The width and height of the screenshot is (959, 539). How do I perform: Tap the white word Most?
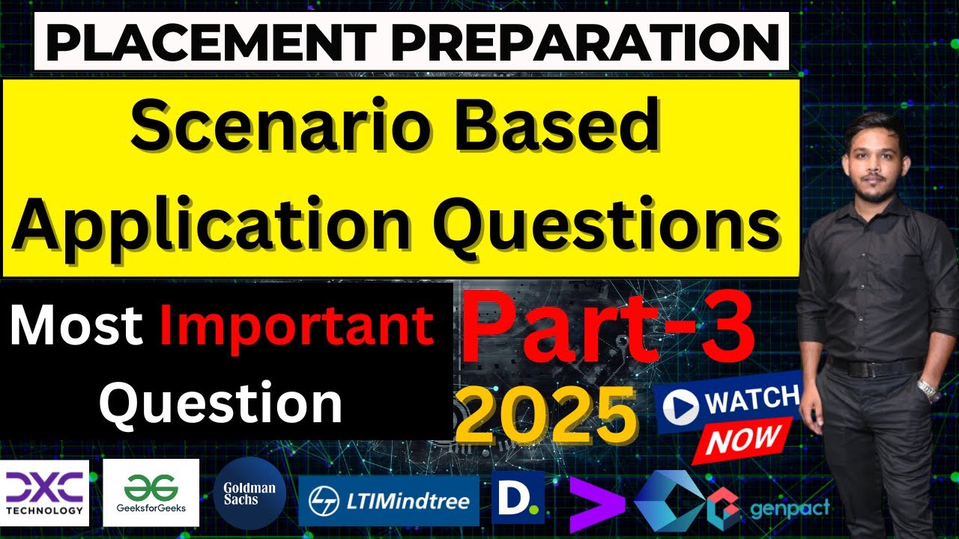76,327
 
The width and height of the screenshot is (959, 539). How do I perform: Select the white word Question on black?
221,402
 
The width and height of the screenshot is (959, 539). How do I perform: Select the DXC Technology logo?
45,493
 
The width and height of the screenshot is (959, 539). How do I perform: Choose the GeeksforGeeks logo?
151,493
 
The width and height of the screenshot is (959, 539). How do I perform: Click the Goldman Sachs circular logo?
249,493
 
